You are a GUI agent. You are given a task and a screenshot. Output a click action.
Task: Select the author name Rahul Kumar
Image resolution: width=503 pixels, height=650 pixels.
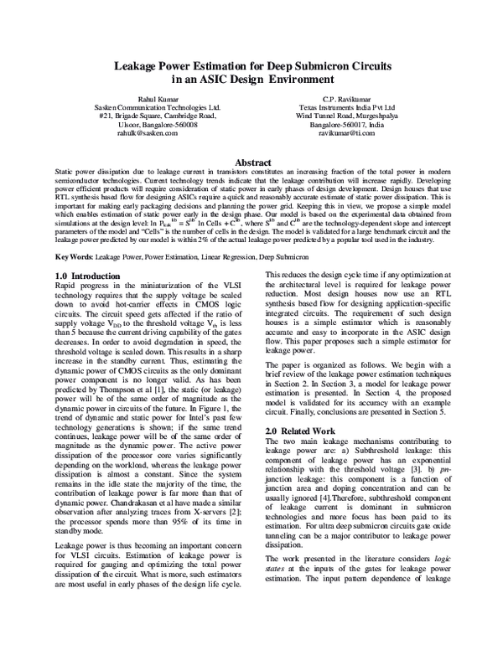[x=158, y=99]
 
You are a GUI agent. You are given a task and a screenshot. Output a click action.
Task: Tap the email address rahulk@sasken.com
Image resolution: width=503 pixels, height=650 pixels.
[x=158, y=132]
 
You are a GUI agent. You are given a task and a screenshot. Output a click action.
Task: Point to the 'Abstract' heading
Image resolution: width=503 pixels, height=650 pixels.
[x=251, y=162]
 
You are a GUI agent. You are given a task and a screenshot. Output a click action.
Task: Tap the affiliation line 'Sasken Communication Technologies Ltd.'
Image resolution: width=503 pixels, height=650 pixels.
[x=158, y=107]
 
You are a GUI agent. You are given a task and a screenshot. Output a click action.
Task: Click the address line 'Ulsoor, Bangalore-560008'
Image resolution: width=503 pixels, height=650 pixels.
[x=158, y=124]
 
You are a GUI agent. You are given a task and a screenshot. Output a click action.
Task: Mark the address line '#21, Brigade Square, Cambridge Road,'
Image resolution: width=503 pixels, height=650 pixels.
[x=158, y=116]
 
